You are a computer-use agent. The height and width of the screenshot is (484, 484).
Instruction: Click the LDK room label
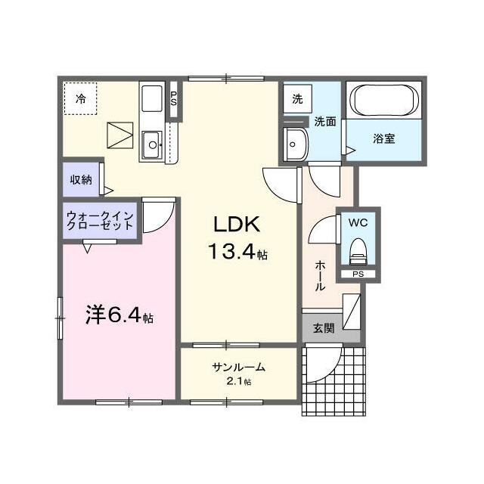click(237, 224)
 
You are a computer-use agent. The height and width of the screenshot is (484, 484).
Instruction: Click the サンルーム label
click(238, 367)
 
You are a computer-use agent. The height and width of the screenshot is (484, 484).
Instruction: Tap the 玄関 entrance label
click(323, 328)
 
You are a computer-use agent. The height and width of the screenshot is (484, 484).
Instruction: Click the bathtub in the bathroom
click(383, 101)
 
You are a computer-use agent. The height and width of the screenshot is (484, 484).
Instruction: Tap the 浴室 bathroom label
click(383, 138)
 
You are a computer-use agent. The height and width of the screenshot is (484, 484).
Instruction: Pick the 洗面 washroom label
click(325, 121)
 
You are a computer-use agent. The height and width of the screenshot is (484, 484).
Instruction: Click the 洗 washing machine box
click(297, 99)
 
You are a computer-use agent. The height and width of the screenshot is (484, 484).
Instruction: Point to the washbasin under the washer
click(293, 144)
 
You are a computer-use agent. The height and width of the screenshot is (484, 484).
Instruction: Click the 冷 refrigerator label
click(80, 98)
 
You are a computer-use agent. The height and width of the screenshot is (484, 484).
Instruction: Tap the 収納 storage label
click(82, 179)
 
